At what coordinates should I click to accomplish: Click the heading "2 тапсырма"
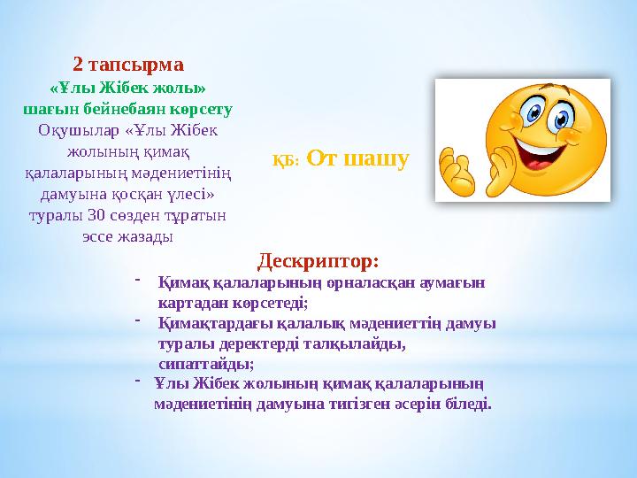click(128, 65)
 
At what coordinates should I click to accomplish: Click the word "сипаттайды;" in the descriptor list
click(206, 363)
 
